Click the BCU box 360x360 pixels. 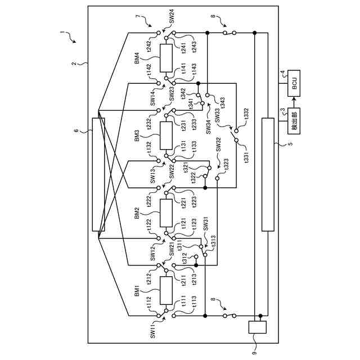(294, 85)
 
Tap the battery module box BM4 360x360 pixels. (166, 58)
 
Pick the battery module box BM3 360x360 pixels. (166, 136)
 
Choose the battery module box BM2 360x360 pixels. (166, 213)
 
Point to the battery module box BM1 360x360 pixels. (166, 290)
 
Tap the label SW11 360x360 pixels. (152, 332)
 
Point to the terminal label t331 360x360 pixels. (246, 156)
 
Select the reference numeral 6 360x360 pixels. (77, 130)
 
